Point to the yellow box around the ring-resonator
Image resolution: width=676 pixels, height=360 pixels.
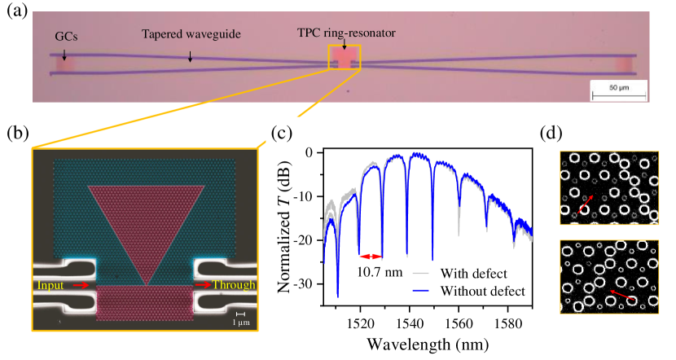[344, 59]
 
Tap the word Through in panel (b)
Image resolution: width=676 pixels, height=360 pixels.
[235, 285]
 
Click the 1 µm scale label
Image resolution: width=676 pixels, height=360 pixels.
[240, 320]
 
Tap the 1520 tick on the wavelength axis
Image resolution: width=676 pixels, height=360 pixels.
[359, 322]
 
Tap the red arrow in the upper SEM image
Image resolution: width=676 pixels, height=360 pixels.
[584, 202]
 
